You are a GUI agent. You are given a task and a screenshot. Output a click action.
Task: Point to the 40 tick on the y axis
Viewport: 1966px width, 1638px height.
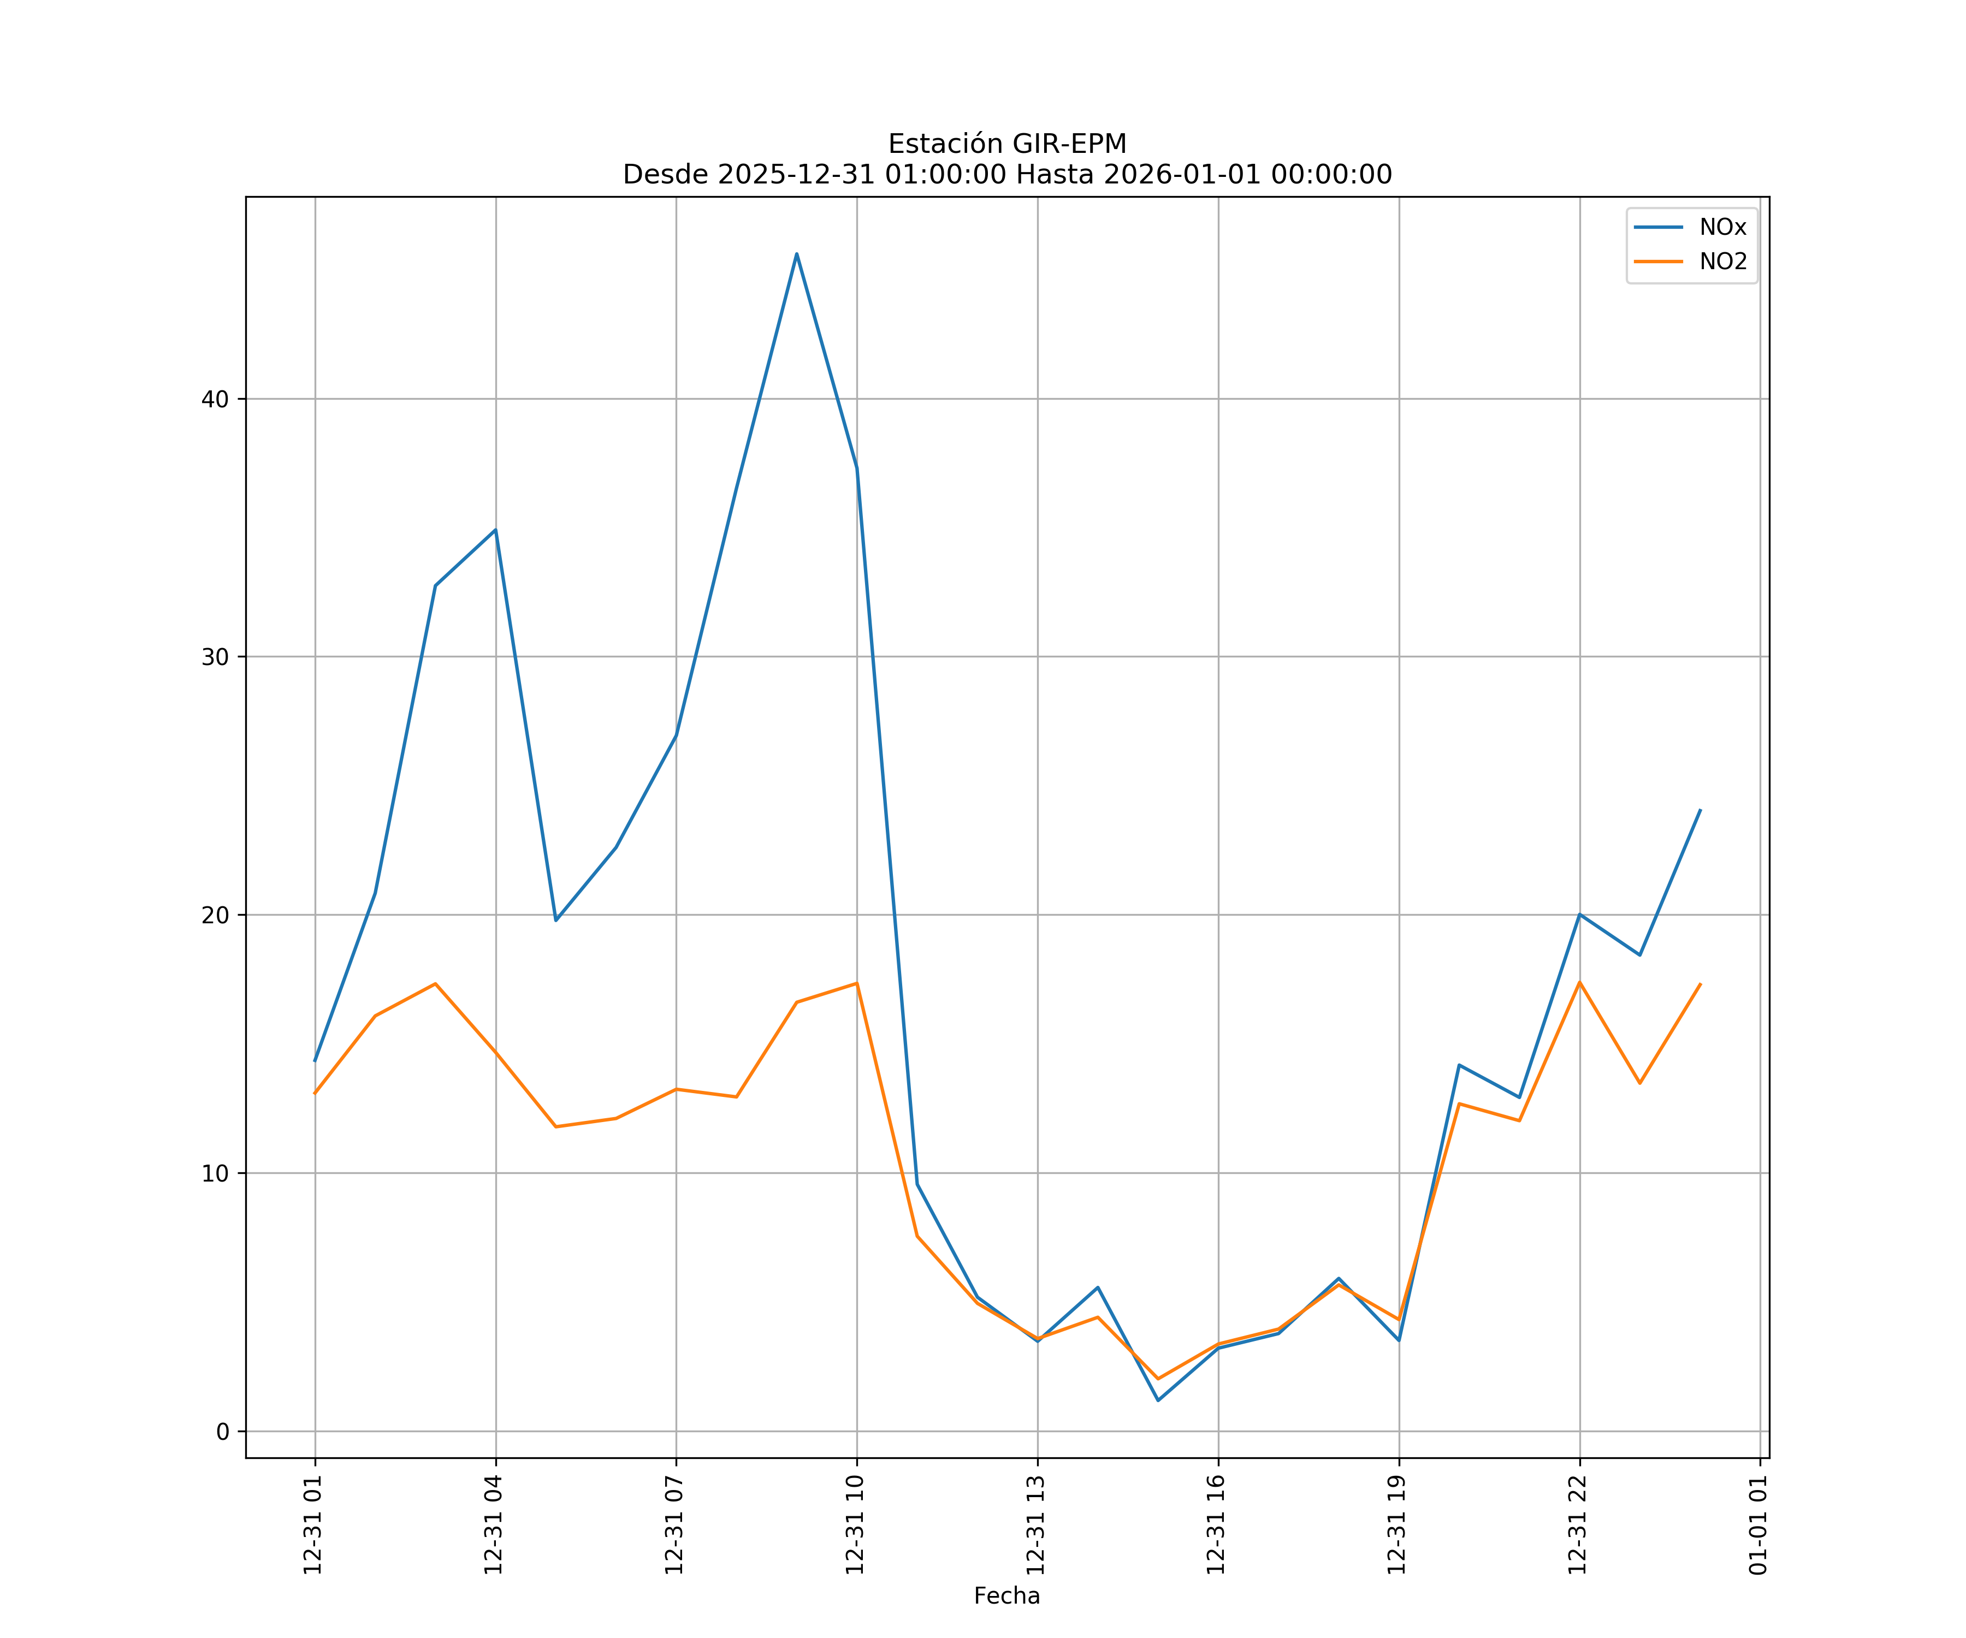(215, 399)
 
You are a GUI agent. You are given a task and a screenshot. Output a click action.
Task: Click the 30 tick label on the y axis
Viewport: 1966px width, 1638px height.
(215, 657)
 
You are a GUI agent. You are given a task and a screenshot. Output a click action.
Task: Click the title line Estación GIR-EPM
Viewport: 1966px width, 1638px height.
(1006, 144)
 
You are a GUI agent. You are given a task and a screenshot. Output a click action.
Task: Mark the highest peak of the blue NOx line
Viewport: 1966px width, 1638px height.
(797, 254)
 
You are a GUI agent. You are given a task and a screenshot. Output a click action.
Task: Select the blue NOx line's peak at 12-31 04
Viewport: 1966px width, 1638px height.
(495, 530)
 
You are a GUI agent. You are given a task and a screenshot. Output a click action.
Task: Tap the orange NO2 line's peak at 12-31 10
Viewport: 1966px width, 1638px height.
(857, 983)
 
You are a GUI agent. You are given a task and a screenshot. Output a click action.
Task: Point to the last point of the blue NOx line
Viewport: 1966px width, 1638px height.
(1700, 811)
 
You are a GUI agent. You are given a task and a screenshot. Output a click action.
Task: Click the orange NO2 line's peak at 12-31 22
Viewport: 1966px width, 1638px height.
(1579, 982)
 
